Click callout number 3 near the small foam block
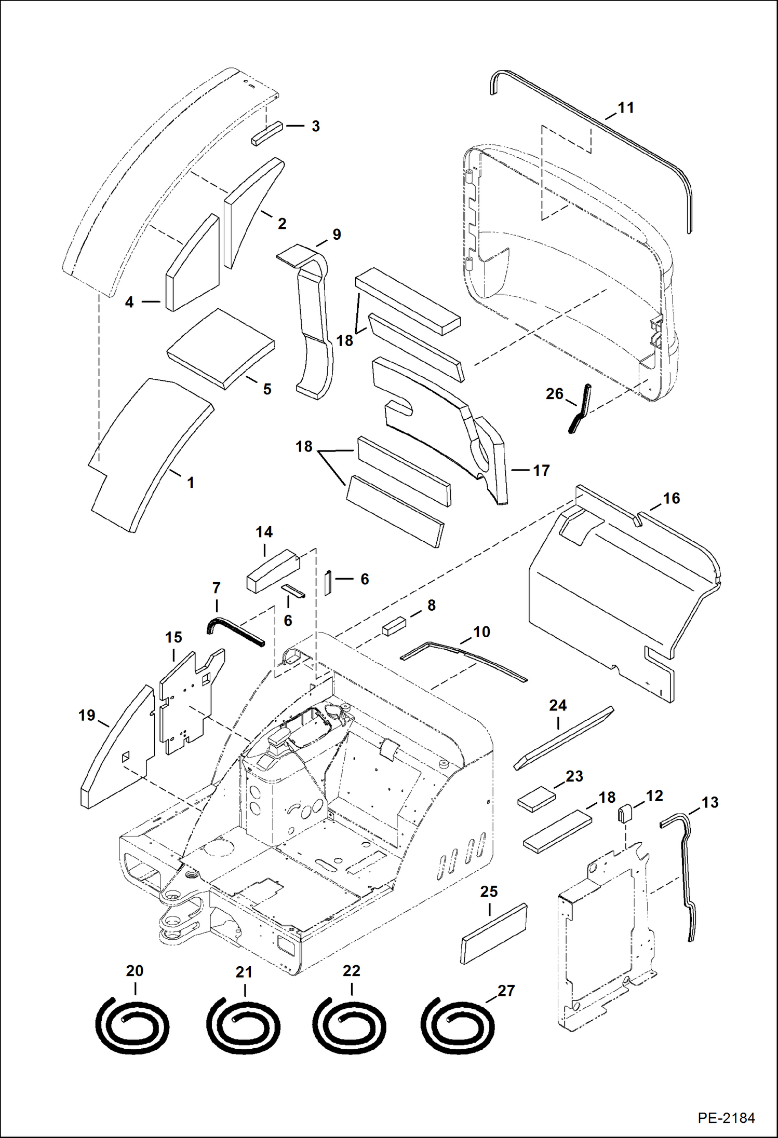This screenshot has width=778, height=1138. click(x=315, y=126)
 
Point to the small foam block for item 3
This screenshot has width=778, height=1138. click(x=267, y=134)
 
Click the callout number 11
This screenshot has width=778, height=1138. click(x=626, y=108)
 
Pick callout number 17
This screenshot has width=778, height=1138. click(x=541, y=470)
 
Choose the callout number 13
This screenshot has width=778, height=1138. click(x=709, y=802)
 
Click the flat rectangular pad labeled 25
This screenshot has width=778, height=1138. click(x=493, y=934)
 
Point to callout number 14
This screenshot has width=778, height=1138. click(x=264, y=532)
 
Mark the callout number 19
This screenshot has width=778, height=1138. click(x=87, y=716)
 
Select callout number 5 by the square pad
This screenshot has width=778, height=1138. click(x=267, y=389)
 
